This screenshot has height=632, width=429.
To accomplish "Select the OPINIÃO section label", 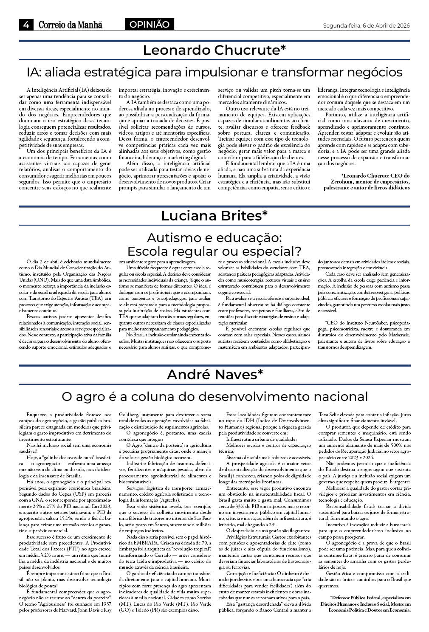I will pos(149,25).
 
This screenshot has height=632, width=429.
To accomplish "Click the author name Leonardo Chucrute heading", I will pos(214,50).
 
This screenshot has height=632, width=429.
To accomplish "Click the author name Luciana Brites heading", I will pos(214,216).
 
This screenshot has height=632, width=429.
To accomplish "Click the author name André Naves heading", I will pos(215,375).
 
